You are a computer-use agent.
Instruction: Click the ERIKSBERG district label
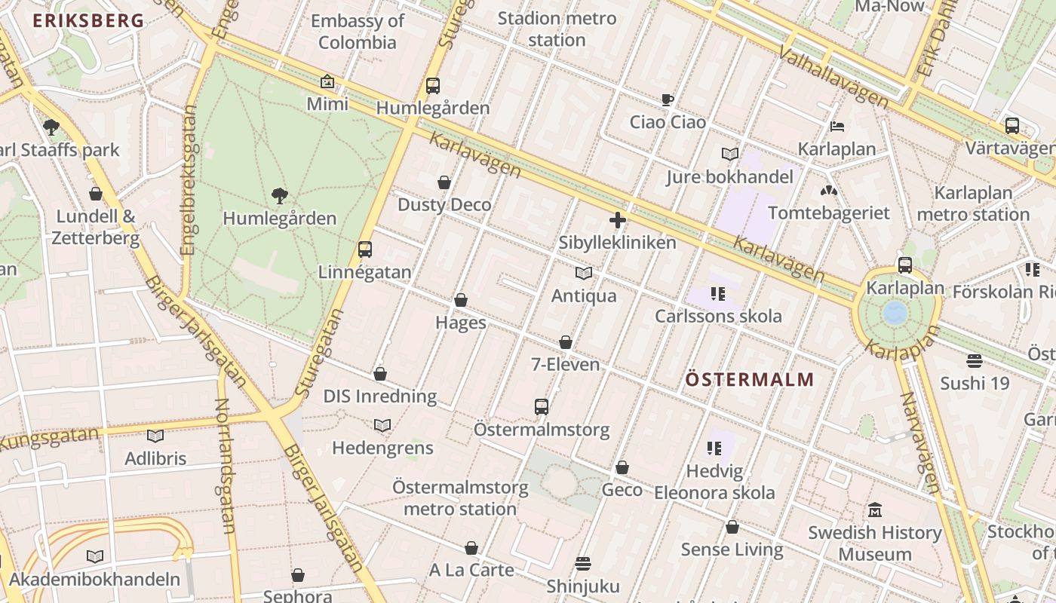click(x=87, y=20)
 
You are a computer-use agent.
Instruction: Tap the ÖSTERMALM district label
click(x=750, y=379)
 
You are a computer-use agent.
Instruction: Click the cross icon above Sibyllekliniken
click(x=617, y=220)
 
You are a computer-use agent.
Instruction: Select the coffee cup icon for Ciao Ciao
click(x=667, y=99)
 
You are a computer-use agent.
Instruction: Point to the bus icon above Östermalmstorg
click(x=541, y=407)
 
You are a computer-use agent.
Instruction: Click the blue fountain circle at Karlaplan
click(x=895, y=312)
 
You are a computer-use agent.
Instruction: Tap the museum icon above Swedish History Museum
click(x=874, y=510)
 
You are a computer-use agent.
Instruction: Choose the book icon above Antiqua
click(x=583, y=273)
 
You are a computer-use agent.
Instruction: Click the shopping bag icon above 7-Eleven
click(x=566, y=343)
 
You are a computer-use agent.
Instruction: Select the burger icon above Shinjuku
click(x=582, y=563)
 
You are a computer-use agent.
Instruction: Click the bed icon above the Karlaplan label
click(x=837, y=126)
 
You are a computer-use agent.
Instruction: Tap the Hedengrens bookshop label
click(x=382, y=448)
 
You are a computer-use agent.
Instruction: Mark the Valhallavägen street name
click(x=833, y=75)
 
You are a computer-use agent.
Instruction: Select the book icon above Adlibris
click(x=155, y=436)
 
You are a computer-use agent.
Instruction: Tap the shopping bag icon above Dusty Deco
click(x=444, y=182)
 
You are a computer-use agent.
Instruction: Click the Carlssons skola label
click(x=718, y=316)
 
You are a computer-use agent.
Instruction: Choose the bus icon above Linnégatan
click(x=365, y=249)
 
